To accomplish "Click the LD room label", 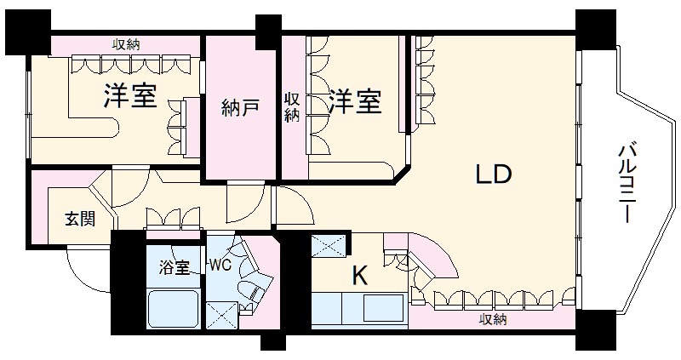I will coord(493,175).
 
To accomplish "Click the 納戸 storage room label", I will coord(239,109).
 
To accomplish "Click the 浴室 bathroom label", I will coord(175,265).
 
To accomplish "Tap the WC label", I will coord(220,264).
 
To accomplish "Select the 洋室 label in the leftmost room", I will coord(130,96).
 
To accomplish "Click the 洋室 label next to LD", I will coord(354,102).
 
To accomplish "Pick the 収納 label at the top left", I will coord(127,44).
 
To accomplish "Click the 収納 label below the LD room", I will coord(493,319).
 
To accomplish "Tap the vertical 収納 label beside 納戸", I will coord(292,107).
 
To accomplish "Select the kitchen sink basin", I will coord(380,306).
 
